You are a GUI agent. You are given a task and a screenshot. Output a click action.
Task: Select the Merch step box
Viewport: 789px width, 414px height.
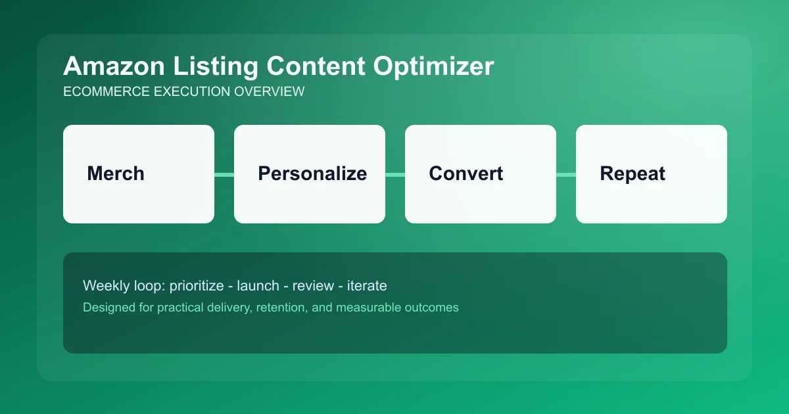click(x=139, y=174)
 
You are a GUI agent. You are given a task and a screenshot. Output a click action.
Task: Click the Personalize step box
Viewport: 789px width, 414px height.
click(x=310, y=174)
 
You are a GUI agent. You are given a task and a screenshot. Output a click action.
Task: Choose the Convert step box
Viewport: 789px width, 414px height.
click(x=481, y=174)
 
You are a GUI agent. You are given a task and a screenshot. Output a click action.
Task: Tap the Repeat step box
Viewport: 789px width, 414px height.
click(x=652, y=174)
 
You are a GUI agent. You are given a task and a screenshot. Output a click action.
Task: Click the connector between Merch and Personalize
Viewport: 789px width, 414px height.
click(x=224, y=174)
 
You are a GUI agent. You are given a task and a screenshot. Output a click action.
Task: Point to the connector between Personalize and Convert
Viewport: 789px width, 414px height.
click(x=395, y=174)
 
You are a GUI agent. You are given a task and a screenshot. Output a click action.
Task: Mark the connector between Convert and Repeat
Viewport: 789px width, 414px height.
click(x=566, y=174)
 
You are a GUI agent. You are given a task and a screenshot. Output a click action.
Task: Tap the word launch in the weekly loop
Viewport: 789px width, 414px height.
click(x=258, y=286)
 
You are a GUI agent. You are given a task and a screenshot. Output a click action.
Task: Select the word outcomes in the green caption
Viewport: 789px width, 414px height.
click(x=431, y=307)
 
